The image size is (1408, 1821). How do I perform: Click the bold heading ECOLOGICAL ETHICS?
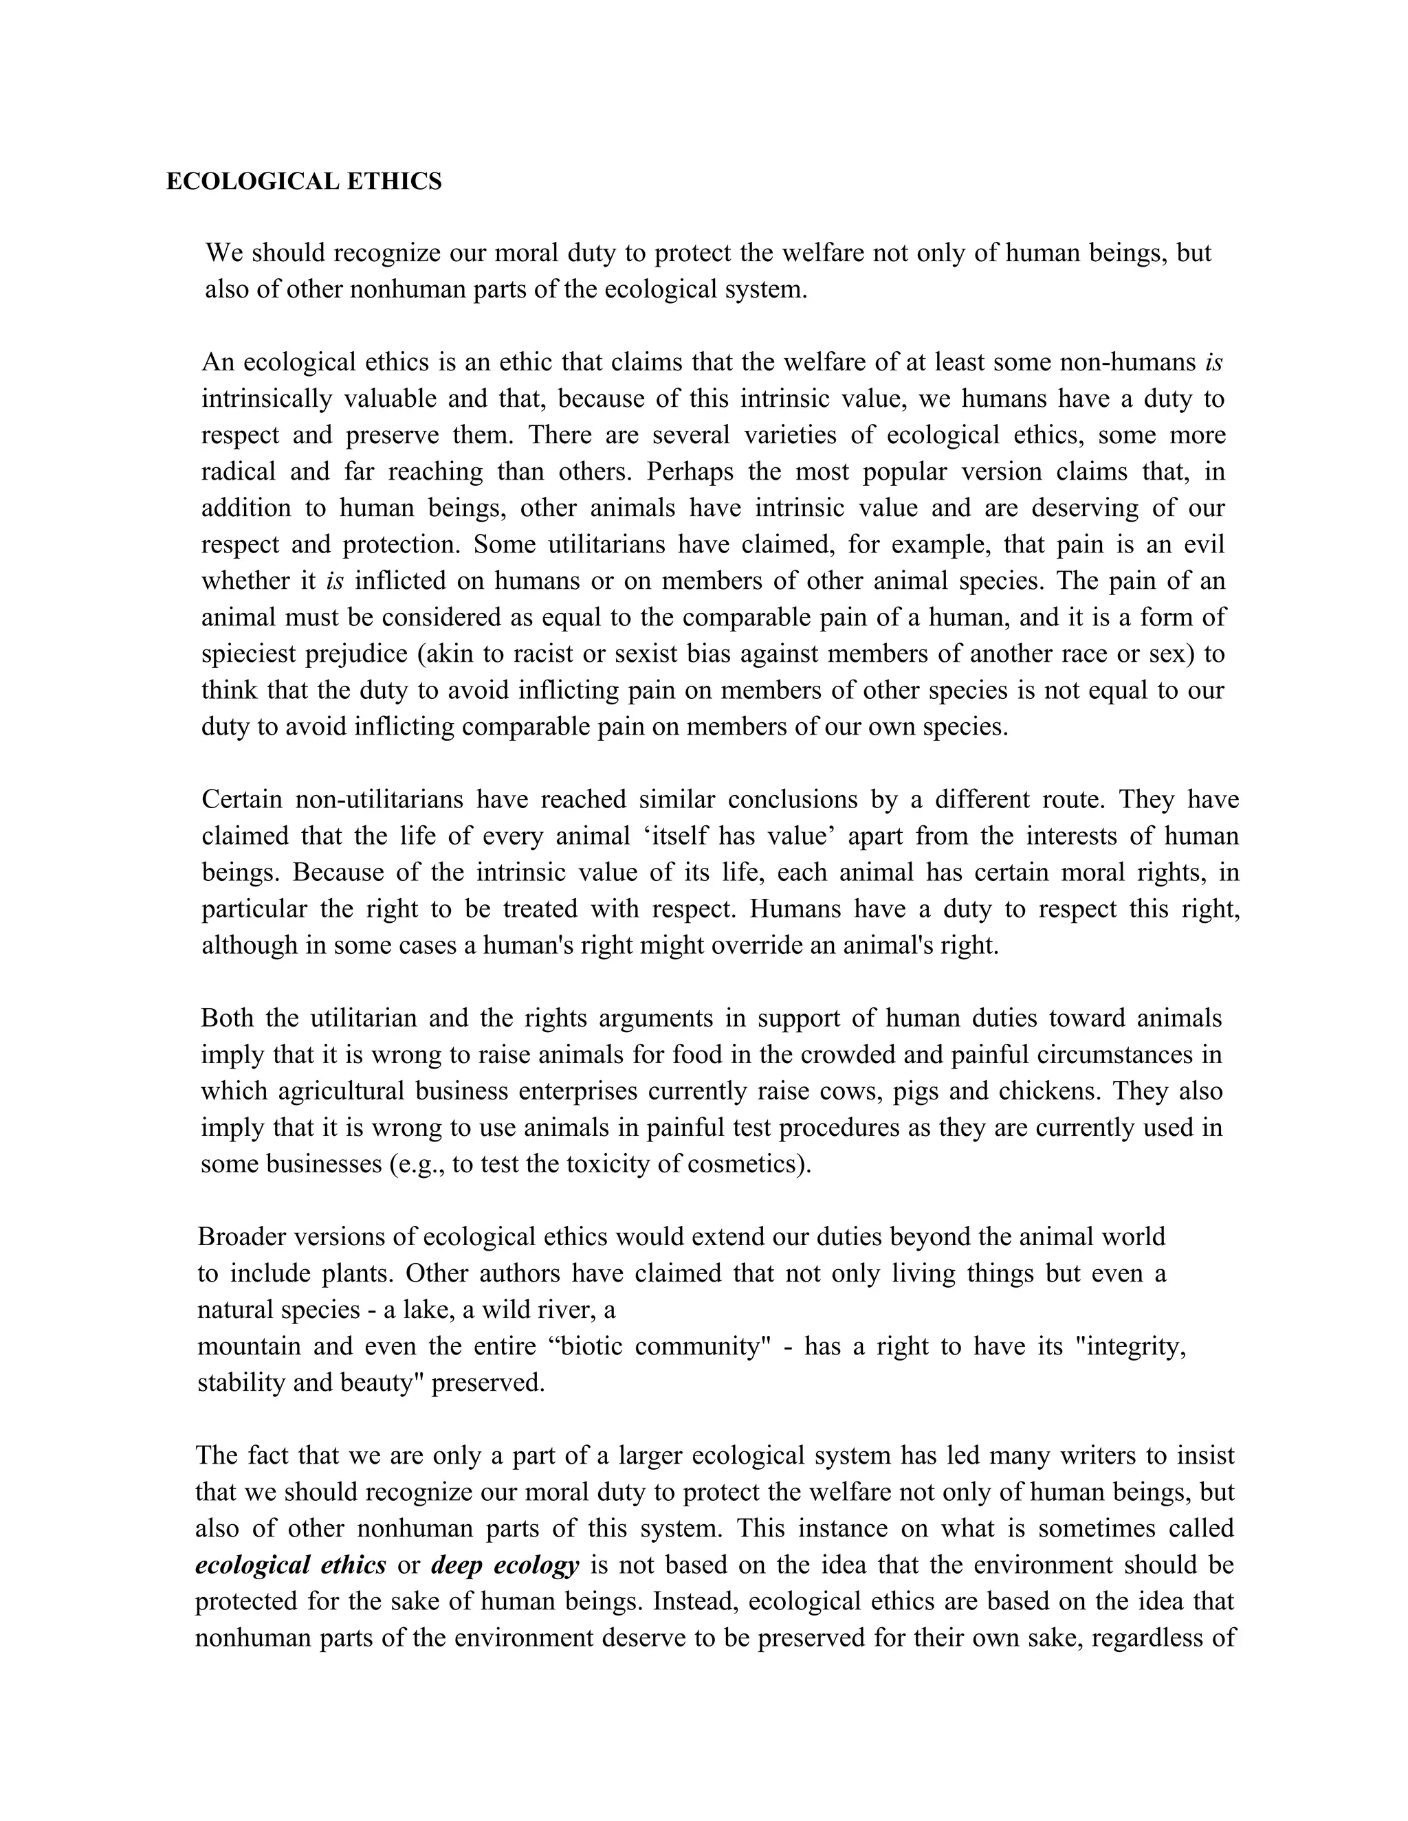point(304,182)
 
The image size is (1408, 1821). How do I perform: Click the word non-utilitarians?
point(379,800)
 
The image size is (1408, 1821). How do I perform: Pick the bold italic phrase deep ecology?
point(505,1565)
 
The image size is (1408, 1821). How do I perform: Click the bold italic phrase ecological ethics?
point(290,1565)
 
